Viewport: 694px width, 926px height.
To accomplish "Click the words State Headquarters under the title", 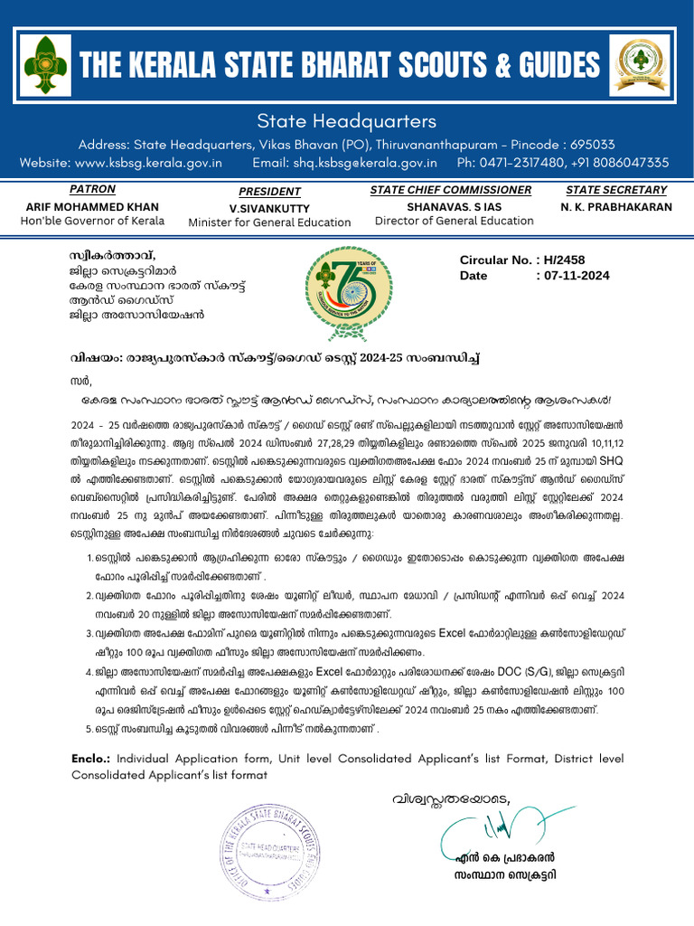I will (x=347, y=121).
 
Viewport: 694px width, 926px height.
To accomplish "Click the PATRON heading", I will (x=93, y=190).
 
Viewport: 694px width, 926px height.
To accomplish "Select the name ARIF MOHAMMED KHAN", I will (x=93, y=206).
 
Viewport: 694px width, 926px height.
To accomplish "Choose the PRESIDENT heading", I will (x=269, y=192).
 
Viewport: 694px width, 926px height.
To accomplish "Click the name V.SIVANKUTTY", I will (x=269, y=208).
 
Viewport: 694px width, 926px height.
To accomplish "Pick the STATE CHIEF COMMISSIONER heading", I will (x=450, y=190).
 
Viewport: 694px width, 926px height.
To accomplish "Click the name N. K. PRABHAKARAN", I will (x=616, y=206).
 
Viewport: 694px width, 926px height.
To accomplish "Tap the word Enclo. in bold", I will (x=91, y=758).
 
